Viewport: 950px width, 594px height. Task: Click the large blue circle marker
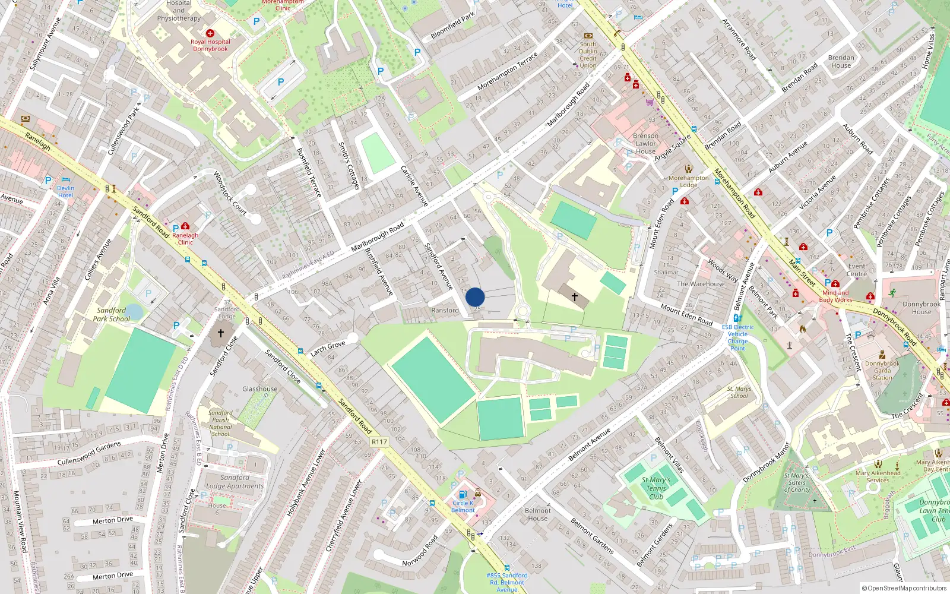(475, 297)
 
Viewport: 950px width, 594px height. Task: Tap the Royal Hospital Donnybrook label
(210, 45)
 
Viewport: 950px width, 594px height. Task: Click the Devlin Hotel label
(65, 191)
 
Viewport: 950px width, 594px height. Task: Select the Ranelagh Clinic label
(185, 238)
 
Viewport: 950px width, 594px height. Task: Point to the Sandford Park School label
(111, 314)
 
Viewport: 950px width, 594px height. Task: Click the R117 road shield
(379, 441)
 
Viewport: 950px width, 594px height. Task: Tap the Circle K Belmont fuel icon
(463, 494)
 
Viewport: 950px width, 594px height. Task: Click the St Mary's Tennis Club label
(655, 488)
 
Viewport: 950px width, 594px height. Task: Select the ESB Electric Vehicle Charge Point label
(737, 337)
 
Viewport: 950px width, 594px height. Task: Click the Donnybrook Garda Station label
(882, 370)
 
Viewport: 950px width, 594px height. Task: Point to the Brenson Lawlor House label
(645, 143)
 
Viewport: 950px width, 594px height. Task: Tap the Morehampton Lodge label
(689, 181)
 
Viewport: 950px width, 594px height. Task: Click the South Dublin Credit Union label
(588, 55)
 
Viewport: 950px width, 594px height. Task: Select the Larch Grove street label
(327, 348)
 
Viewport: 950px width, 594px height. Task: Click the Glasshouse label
(259, 389)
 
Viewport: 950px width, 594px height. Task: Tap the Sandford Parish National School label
(220, 423)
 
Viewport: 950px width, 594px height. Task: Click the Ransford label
(445, 310)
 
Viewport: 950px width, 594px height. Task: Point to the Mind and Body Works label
(835, 296)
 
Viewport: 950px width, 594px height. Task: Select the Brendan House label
(841, 61)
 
